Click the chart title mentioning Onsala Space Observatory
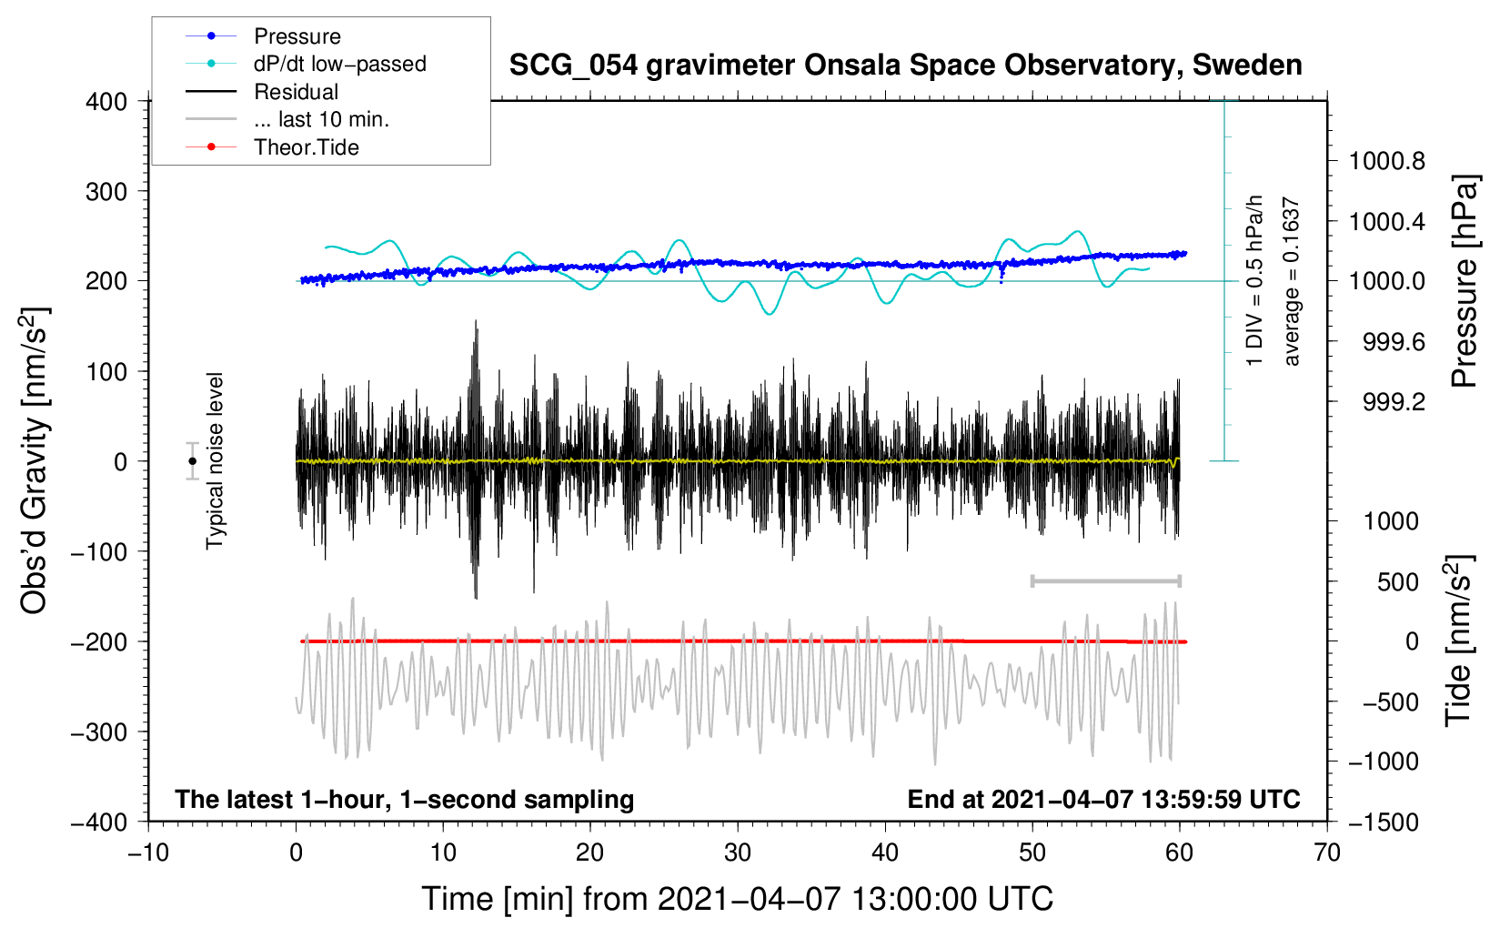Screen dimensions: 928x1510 tap(905, 66)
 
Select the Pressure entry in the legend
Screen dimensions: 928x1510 tap(297, 36)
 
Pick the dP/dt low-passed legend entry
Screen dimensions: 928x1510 tap(339, 64)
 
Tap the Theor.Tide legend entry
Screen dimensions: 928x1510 tap(306, 147)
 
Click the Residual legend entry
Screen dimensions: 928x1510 tap(296, 92)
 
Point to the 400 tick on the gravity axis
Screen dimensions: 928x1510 tap(106, 102)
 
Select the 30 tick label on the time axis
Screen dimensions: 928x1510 tap(738, 852)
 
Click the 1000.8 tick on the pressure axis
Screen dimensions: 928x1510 tap(1386, 162)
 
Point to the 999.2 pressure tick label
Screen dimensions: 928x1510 tap(1394, 402)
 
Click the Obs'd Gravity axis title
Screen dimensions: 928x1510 tap(35, 460)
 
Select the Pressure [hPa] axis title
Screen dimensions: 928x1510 tap(1464, 281)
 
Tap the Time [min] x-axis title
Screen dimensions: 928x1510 tap(738, 899)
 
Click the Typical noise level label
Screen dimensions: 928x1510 tap(215, 460)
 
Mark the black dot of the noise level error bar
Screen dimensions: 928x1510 tap(192, 461)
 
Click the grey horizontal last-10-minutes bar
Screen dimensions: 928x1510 tap(1105, 580)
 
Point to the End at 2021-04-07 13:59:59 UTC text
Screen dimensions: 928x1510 tap(1103, 799)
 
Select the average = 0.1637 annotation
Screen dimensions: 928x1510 tap(1292, 281)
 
